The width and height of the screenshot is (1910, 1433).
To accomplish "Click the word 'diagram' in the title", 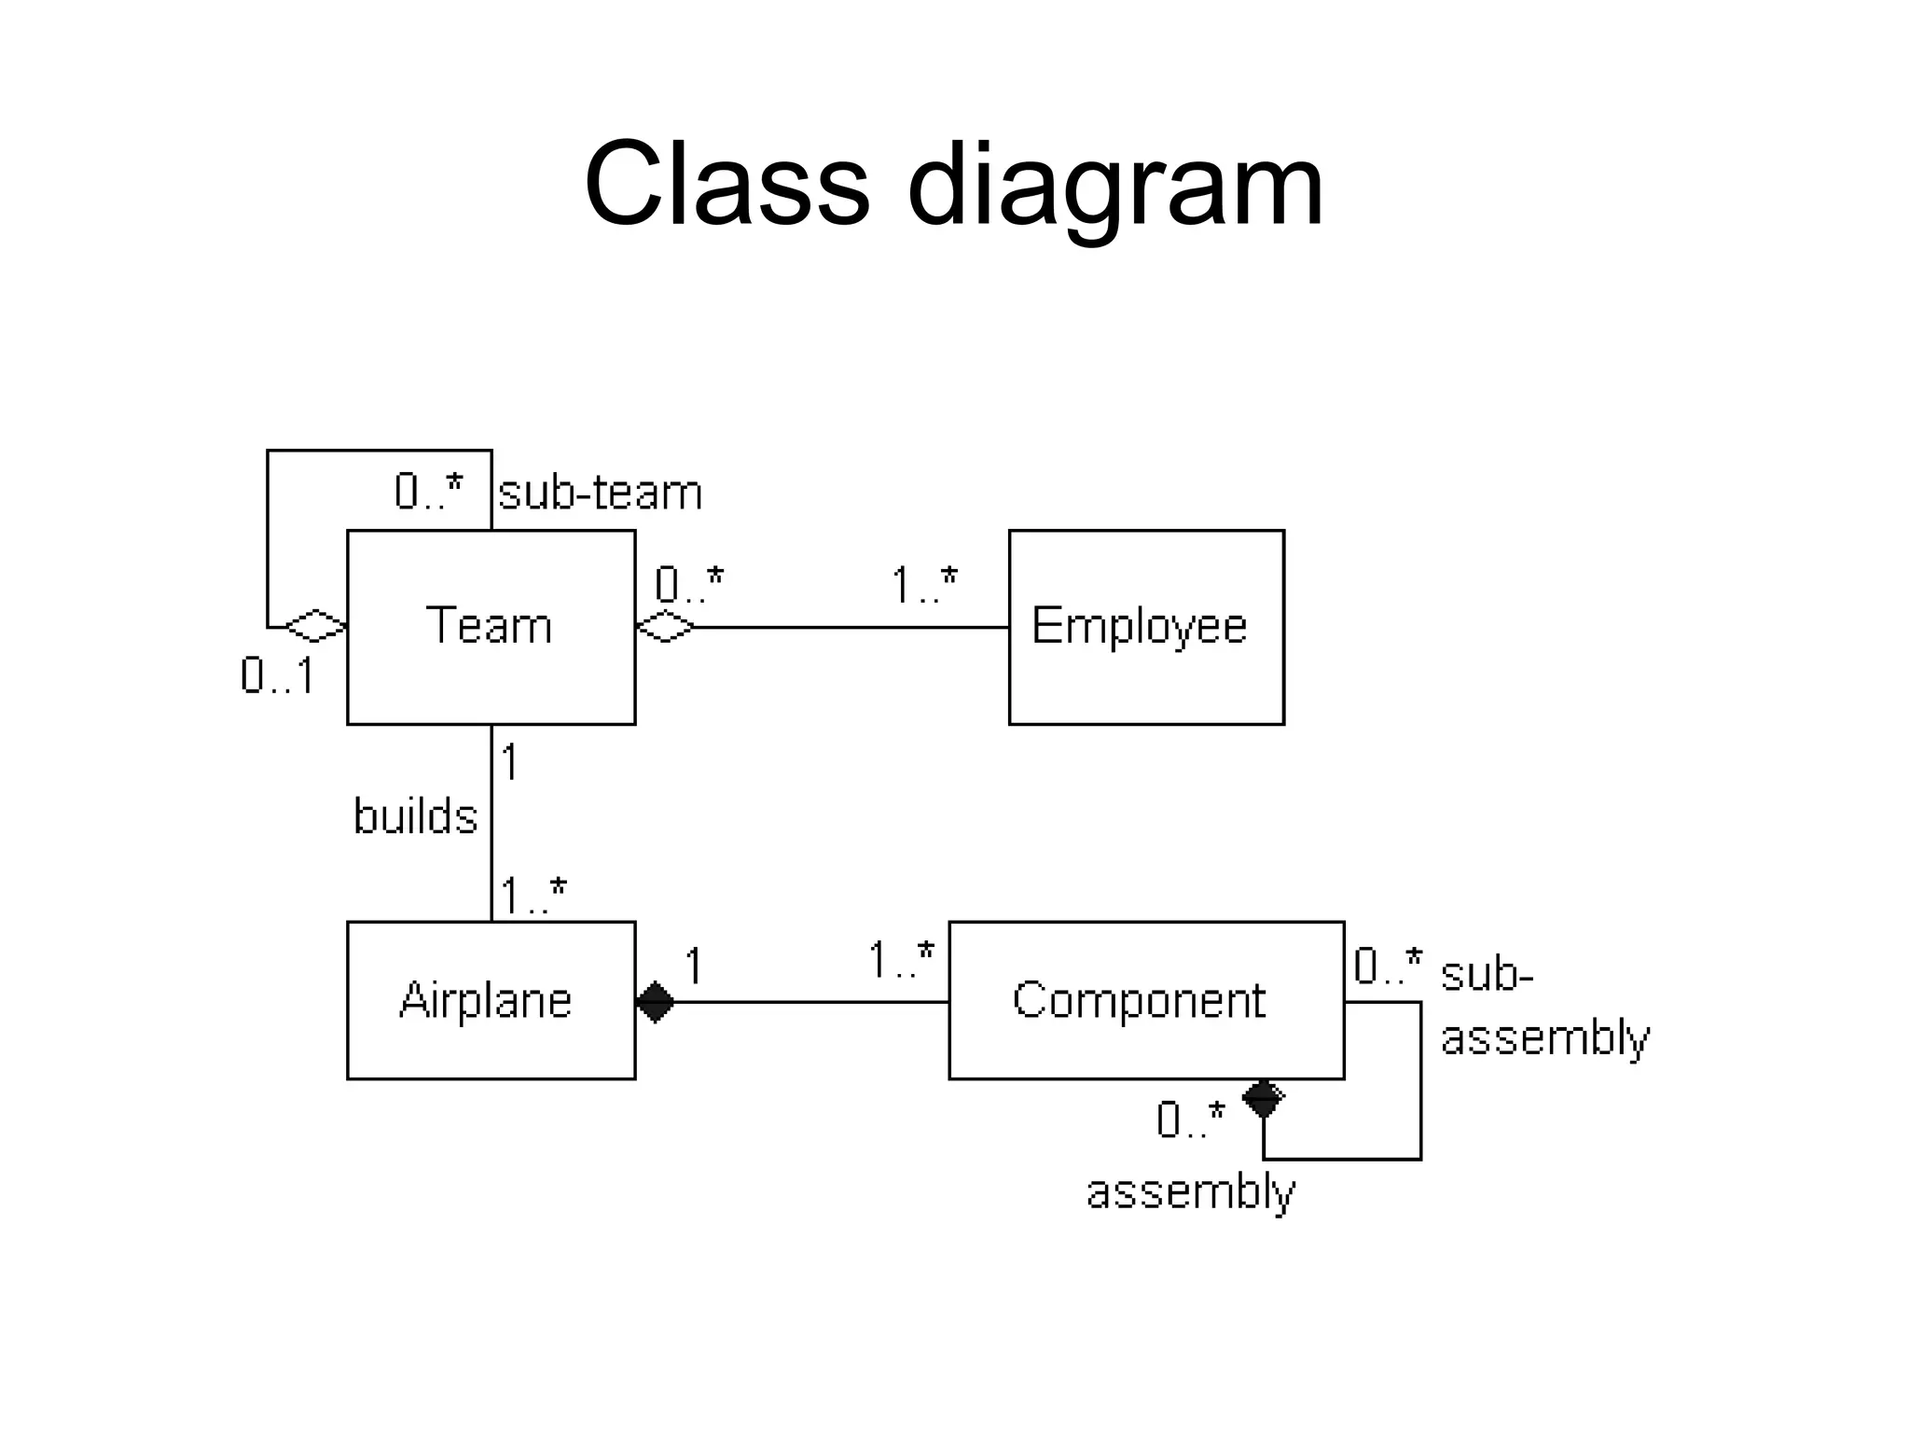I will coord(1114,187).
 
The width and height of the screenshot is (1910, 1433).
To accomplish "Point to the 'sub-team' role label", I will coord(600,493).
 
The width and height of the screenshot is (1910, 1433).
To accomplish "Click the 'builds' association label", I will coord(415,816).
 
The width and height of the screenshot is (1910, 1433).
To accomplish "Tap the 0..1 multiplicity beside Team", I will coord(277,675).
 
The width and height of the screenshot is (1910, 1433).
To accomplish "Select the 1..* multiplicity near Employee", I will coord(923,586).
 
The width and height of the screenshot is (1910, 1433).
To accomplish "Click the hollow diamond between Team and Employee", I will coord(665,627).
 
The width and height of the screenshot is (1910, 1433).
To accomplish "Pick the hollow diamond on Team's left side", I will coord(315,627).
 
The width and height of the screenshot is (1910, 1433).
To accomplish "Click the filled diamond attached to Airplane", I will coord(655,1002).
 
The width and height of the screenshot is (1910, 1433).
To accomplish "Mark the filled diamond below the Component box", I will coord(1264,1099).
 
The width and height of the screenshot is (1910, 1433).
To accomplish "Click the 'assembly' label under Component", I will coord(1190,1193).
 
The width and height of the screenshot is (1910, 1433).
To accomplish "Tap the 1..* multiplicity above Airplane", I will coord(533,896).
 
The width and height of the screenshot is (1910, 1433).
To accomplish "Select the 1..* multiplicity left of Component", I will coord(900,960).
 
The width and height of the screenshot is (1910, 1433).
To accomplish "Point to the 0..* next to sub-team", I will coord(428,491).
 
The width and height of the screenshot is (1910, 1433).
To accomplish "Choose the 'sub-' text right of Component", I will coord(1487,974).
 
